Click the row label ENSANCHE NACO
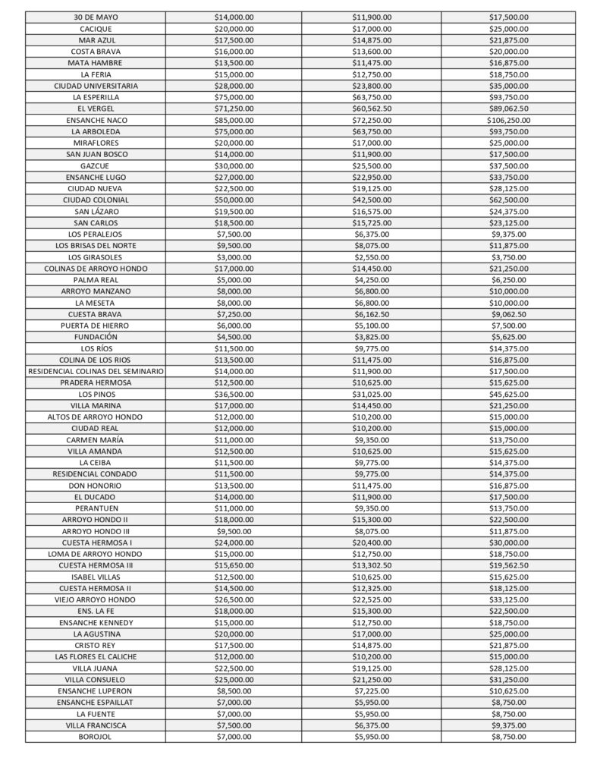pyautogui.click(x=96, y=120)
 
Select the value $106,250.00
pyautogui.click(x=509, y=120)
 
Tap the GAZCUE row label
pyautogui.click(x=96, y=165)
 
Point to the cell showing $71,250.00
pyautogui.click(x=234, y=109)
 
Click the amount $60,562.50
pyautogui.click(x=372, y=109)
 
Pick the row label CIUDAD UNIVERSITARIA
pyautogui.click(x=96, y=86)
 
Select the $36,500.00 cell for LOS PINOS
pyautogui.click(x=234, y=394)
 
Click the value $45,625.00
pyautogui.click(x=509, y=394)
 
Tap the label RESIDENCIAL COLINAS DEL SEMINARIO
pyautogui.click(x=96, y=371)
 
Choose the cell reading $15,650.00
pyautogui.click(x=234, y=565)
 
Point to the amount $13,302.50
pyautogui.click(x=372, y=565)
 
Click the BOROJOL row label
pyautogui.click(x=96, y=737)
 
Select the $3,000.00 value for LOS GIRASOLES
pyautogui.click(x=234, y=257)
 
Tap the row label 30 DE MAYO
pyautogui.click(x=96, y=17)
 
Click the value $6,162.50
pyautogui.click(x=372, y=314)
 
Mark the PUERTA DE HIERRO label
pyautogui.click(x=96, y=326)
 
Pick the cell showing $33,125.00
pyautogui.click(x=509, y=599)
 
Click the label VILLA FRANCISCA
pyautogui.click(x=96, y=725)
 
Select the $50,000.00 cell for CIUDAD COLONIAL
pyautogui.click(x=234, y=200)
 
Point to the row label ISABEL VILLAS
pyautogui.click(x=96, y=577)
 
